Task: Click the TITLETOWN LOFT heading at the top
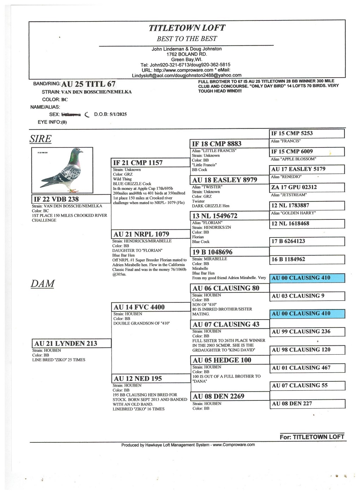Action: click(187, 28)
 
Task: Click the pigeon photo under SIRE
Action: click(62, 170)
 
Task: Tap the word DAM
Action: click(42, 284)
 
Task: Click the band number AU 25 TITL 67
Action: click(88, 84)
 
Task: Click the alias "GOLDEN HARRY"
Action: click(293, 213)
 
